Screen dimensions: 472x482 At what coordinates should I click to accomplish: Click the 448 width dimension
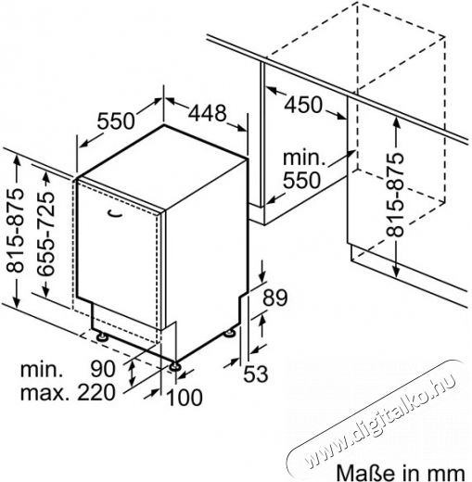coord(208,113)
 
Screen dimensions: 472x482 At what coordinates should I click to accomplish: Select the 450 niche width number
coord(303,105)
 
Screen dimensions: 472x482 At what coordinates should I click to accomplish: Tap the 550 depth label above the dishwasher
coord(116,120)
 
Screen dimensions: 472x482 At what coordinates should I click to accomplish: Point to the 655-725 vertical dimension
coord(45,234)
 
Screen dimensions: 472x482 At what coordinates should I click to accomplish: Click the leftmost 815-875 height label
coord(15,231)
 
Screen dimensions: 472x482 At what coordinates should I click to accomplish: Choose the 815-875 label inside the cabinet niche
coord(395,195)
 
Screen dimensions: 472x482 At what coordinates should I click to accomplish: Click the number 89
coord(275,298)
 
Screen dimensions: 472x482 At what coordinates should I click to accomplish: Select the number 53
coord(256,374)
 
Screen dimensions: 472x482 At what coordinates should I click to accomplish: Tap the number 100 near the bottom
coord(185,397)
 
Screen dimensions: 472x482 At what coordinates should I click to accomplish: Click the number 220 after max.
coord(96,392)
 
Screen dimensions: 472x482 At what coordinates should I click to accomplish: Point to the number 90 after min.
coord(103,369)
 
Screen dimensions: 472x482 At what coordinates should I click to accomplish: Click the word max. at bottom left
coord(45,393)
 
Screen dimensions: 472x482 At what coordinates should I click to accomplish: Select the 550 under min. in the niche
coord(302,180)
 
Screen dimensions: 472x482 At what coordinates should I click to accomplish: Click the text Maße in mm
coord(401,473)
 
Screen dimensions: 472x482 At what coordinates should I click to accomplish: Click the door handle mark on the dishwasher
coord(114,213)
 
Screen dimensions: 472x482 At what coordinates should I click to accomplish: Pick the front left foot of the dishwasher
coord(101,336)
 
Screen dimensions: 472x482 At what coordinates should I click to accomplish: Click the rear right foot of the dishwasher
coord(229,334)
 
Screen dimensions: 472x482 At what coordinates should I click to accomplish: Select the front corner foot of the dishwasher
coord(175,366)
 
